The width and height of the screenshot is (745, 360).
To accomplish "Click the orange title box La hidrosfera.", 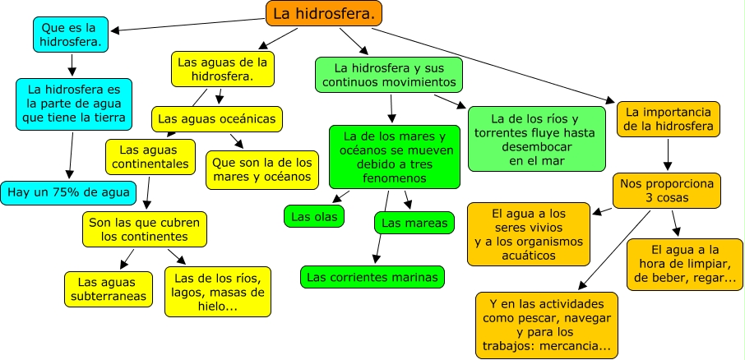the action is pyautogui.click(x=323, y=14).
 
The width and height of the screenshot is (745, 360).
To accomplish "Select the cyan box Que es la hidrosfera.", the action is pyautogui.click(x=72, y=35).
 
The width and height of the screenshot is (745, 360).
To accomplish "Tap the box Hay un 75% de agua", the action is pyautogui.click(x=68, y=193).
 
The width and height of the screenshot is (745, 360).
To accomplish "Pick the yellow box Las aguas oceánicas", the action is pyautogui.click(x=216, y=118).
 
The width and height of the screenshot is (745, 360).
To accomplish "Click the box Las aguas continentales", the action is pyautogui.click(x=150, y=157).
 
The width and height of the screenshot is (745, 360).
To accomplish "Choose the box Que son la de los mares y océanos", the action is pyautogui.click(x=261, y=170).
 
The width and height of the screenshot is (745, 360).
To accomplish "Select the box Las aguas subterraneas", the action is pyautogui.click(x=109, y=289).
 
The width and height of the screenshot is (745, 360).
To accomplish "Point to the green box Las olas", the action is pyautogui.click(x=314, y=217).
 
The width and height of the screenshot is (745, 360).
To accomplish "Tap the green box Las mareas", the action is pyautogui.click(x=414, y=224).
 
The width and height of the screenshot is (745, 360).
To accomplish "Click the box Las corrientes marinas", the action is pyautogui.click(x=372, y=277).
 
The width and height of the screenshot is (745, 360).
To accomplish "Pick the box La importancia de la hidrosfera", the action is pyautogui.click(x=668, y=119).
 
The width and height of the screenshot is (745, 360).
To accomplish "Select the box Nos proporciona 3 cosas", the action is pyautogui.click(x=667, y=191).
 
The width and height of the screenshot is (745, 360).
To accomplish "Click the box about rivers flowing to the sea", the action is pyautogui.click(x=536, y=139).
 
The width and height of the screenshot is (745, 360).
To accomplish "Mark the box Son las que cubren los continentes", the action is pyautogui.click(x=145, y=229).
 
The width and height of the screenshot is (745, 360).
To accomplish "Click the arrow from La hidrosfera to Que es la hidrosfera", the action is pyautogui.click(x=187, y=25).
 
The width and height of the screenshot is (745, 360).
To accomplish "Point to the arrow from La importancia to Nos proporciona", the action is pyautogui.click(x=668, y=155).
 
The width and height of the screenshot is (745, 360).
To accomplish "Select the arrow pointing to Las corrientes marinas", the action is pyautogui.click(x=382, y=227).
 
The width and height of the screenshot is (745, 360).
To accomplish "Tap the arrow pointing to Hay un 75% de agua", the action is pyautogui.click(x=72, y=155).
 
